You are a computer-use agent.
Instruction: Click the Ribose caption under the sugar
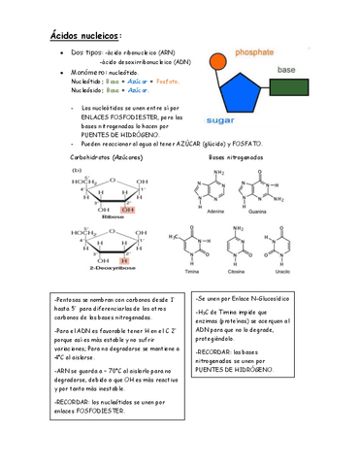tap(100, 216)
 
